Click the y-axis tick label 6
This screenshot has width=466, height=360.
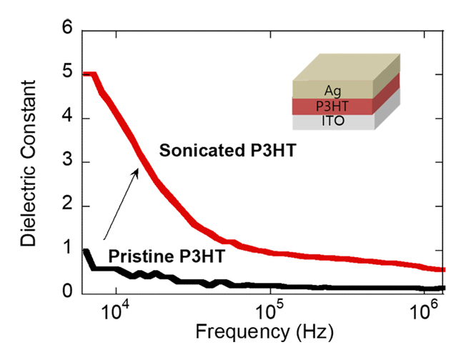tap(68, 29)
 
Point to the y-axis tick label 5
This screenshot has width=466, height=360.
tap(68, 74)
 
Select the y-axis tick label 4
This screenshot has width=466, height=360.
tap(68, 118)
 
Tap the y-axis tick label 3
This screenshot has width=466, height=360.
tap(68, 162)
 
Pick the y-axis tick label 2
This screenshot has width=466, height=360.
tap(68, 206)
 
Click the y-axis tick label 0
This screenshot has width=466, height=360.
tap(68, 291)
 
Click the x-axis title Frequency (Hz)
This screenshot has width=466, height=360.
tap(263, 332)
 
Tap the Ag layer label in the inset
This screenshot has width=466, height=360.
tap(333, 90)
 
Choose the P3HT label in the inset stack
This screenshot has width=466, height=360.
tap(333, 106)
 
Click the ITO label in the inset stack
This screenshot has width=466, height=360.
tap(333, 122)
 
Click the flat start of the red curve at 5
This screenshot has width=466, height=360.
tap(89, 74)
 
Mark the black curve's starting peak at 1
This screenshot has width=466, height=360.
tap(86, 251)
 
